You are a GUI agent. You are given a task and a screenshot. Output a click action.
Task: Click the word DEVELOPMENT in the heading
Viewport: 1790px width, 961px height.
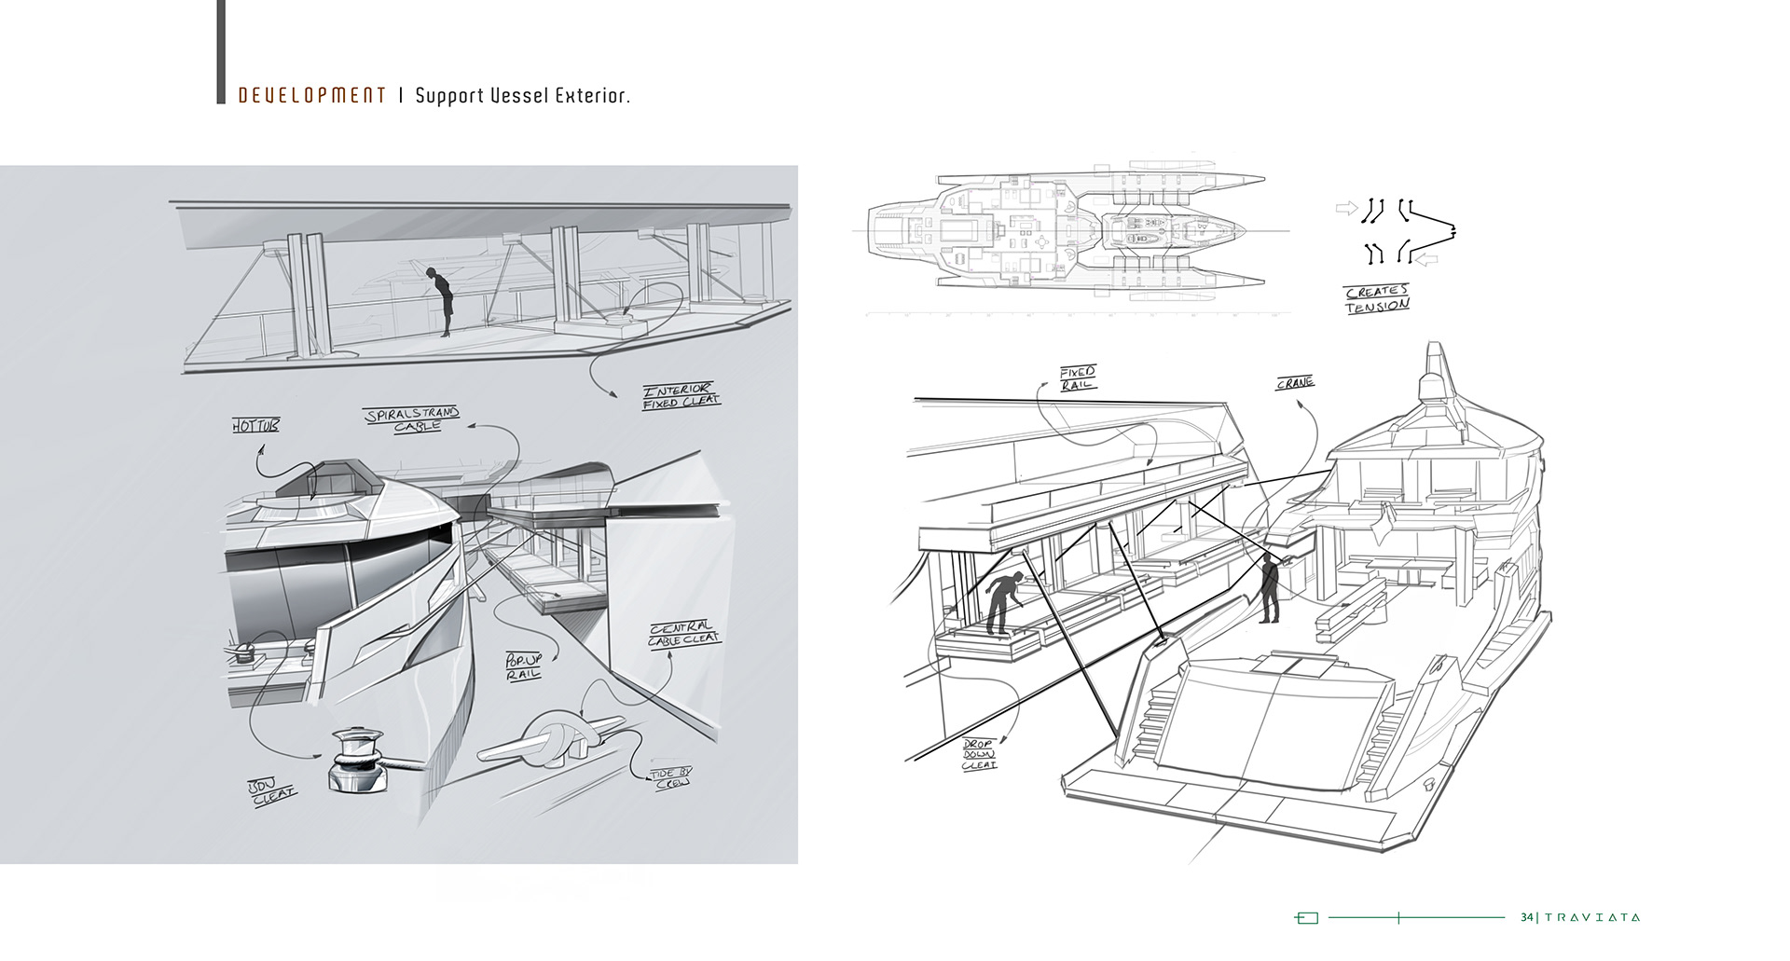tap(312, 96)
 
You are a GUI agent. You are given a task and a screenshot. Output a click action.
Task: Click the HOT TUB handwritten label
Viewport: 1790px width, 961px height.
tap(255, 427)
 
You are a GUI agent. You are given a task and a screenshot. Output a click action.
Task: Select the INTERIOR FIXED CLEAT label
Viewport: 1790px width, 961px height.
tap(681, 396)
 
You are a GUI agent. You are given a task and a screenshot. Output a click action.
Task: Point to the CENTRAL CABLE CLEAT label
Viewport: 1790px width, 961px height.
tap(684, 633)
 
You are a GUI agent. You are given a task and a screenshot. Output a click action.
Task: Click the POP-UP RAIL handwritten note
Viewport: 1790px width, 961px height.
tap(523, 666)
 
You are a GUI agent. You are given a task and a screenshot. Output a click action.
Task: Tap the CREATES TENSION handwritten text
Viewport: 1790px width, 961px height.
tap(1377, 298)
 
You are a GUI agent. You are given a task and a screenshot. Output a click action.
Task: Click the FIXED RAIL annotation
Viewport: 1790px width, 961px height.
tap(1078, 378)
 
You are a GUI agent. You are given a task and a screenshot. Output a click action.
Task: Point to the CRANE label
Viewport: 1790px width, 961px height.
tap(1295, 383)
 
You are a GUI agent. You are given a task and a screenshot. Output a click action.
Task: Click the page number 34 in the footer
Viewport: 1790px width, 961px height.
tap(1526, 917)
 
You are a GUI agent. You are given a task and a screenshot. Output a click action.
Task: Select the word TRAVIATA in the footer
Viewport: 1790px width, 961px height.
tap(1592, 917)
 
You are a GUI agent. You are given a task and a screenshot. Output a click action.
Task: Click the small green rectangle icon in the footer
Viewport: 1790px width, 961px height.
tap(1307, 918)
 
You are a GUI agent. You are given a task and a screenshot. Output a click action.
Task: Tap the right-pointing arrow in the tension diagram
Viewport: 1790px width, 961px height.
tap(1346, 208)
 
